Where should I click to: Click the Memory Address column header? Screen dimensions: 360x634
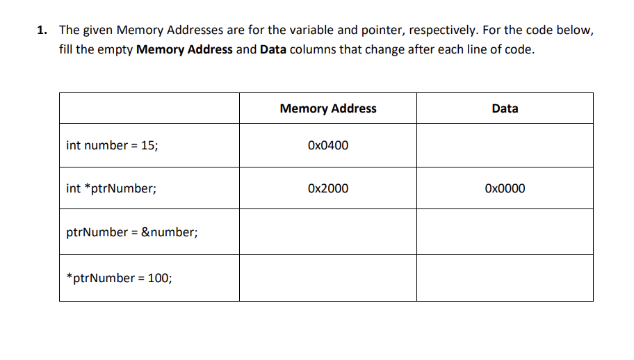pyautogui.click(x=327, y=108)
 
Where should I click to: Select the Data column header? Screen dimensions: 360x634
pyautogui.click(x=504, y=108)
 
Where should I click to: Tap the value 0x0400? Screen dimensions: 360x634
pyautogui.click(x=327, y=146)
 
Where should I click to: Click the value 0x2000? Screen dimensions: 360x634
pyautogui.click(x=327, y=188)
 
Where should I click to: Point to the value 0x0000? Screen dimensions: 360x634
pyautogui.click(x=505, y=188)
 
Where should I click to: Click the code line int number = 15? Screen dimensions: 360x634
pyautogui.click(x=112, y=146)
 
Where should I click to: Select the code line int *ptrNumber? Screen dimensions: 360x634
pyautogui.click(x=111, y=188)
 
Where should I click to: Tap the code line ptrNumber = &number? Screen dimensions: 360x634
pyautogui.click(x=132, y=232)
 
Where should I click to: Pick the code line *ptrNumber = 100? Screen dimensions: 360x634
pyautogui.click(x=120, y=278)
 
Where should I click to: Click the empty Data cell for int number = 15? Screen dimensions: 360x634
pyautogui.click(x=505, y=146)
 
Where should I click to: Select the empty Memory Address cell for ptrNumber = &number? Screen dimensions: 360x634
pyautogui.click(x=327, y=232)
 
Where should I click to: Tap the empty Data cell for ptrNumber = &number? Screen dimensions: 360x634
pyautogui.click(x=505, y=232)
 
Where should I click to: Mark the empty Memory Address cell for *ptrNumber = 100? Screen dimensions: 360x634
pyautogui.click(x=327, y=278)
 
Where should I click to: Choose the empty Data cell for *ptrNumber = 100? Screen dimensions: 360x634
pyautogui.click(x=505, y=278)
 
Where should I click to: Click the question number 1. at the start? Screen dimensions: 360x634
pyautogui.click(x=43, y=31)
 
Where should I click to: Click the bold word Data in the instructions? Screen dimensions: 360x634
pyautogui.click(x=273, y=51)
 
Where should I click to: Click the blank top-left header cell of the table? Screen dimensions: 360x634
pyautogui.click(x=149, y=108)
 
